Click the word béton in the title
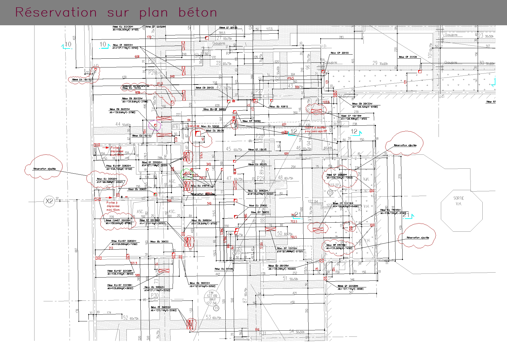[x=198, y=12]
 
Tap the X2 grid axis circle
[x=49, y=201]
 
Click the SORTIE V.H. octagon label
[x=459, y=201]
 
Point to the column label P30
[x=155, y=295]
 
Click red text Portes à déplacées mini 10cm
[x=113, y=206]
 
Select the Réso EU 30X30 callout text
[x=215, y=131]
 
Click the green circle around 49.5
[x=187, y=173]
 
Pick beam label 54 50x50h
[x=297, y=332]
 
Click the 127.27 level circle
[x=334, y=185]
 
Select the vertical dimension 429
[x=401, y=228]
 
